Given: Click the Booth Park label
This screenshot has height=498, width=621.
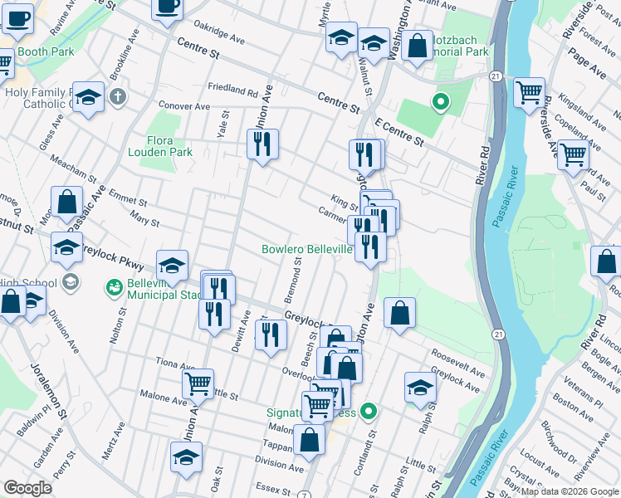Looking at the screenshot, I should click(x=46, y=51).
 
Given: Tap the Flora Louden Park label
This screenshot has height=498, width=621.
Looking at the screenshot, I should click(x=160, y=146).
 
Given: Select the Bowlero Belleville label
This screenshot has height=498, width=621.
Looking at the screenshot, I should click(x=307, y=249).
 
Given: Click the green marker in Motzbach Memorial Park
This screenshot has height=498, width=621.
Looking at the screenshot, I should click(x=441, y=103).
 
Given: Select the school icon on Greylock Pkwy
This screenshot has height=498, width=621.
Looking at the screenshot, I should click(x=172, y=265).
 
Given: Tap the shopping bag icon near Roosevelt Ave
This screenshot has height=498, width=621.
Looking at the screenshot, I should click(x=399, y=313).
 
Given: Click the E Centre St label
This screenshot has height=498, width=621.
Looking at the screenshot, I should click(x=399, y=132).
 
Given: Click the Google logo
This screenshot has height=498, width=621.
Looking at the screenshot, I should click(x=27, y=488).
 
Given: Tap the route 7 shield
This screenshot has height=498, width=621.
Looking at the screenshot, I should click(x=306, y=494).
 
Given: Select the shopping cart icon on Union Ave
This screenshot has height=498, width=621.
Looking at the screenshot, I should click(x=198, y=383).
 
